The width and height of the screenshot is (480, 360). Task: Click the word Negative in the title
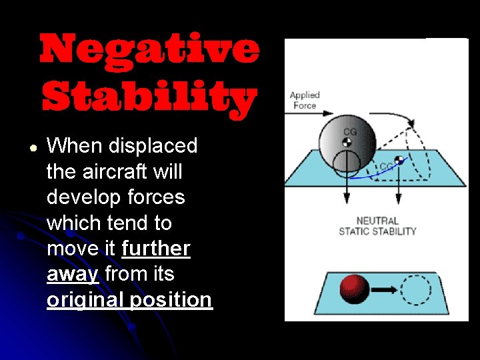(149, 49)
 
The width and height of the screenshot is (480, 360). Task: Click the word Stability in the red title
(149, 98)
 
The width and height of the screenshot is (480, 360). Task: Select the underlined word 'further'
(156, 249)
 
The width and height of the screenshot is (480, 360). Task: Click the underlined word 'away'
(73, 274)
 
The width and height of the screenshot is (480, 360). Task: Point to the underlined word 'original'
(85, 300)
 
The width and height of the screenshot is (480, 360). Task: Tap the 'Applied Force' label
(304, 100)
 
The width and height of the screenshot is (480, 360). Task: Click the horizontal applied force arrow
(303, 115)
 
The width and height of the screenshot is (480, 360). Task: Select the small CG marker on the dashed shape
(399, 160)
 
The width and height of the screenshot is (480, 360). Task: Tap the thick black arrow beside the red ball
(385, 290)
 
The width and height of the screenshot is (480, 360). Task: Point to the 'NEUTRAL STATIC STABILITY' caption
(377, 226)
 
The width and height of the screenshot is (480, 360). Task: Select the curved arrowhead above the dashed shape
(411, 125)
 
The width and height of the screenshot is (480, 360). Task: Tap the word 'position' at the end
(171, 300)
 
